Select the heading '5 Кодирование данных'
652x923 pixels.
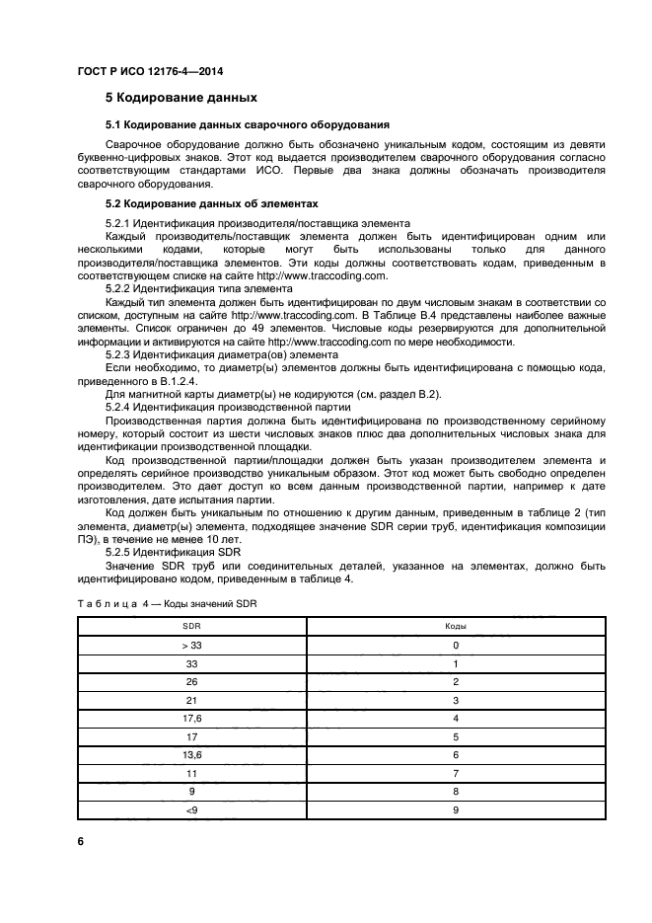pyautogui.click(x=181, y=98)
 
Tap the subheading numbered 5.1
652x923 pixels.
pyautogui.click(x=247, y=124)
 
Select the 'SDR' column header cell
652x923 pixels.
pyautogui.click(x=191, y=626)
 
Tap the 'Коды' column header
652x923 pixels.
pyautogui.click(x=456, y=626)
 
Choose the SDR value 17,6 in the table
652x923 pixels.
pyautogui.click(x=191, y=718)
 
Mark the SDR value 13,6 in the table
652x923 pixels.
pyautogui.click(x=191, y=754)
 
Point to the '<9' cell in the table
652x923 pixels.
pyautogui.click(x=191, y=809)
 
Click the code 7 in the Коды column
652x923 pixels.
pyautogui.click(x=456, y=773)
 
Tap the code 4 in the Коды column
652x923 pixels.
pyautogui.click(x=456, y=718)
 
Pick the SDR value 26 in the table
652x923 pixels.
pyautogui.click(x=191, y=681)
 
